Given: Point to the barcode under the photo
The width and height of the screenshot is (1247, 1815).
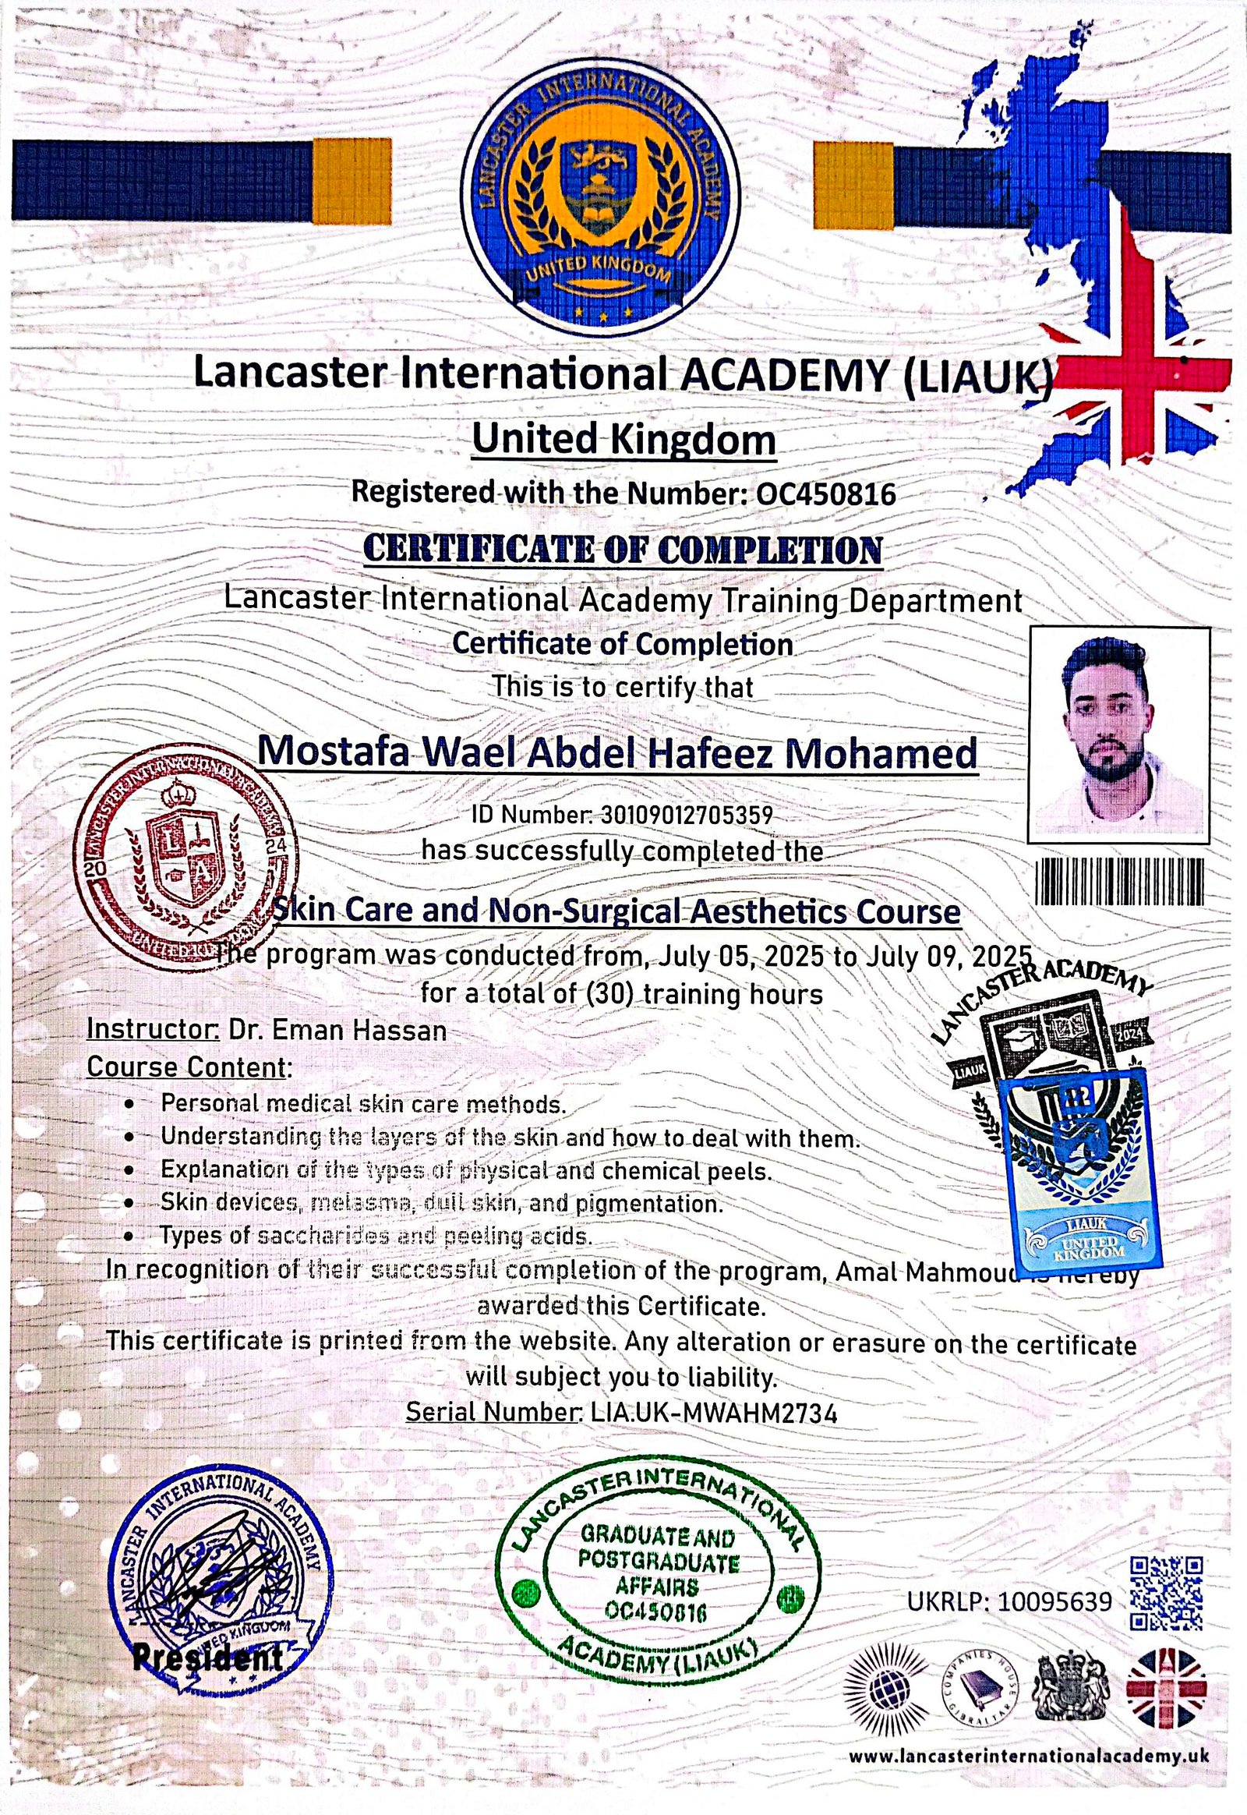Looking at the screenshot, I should coord(1119,882).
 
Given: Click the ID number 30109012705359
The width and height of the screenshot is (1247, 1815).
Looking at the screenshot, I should coord(685,816).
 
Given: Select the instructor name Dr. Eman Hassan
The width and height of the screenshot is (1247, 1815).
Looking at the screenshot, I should coord(337,1029).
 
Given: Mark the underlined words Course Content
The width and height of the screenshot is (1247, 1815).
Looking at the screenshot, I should coord(187,1067).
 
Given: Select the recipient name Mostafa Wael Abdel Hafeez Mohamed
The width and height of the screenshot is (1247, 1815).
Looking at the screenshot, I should coord(617,752).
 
